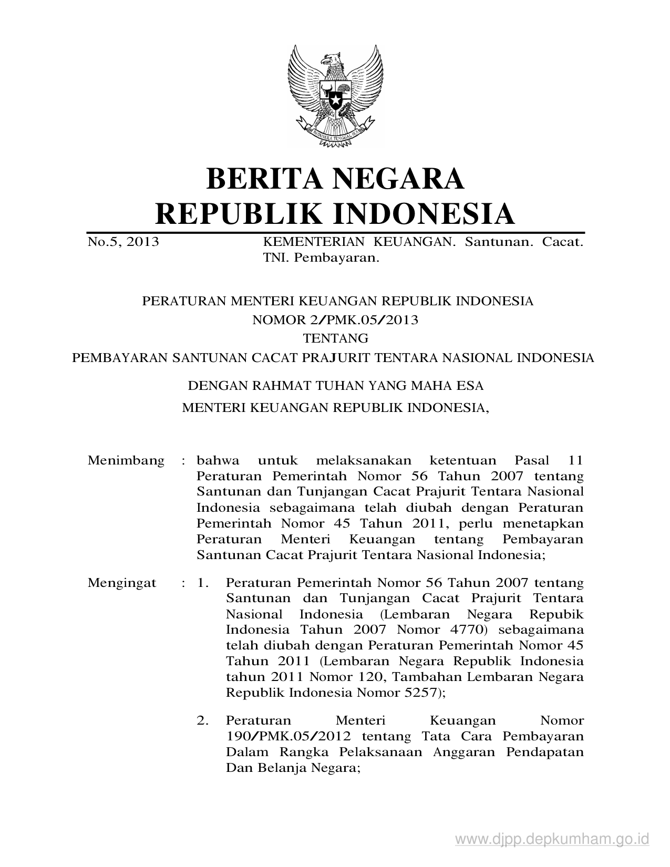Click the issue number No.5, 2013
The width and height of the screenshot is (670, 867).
(123, 242)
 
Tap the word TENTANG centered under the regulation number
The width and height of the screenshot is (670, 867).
(335, 338)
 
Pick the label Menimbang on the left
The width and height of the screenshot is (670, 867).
(126, 461)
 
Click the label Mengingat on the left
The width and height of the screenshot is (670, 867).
(122, 583)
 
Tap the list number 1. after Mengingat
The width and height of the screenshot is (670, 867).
(203, 583)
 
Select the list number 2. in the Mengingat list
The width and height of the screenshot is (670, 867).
(203, 720)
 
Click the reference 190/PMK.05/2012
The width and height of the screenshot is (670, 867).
(288, 736)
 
